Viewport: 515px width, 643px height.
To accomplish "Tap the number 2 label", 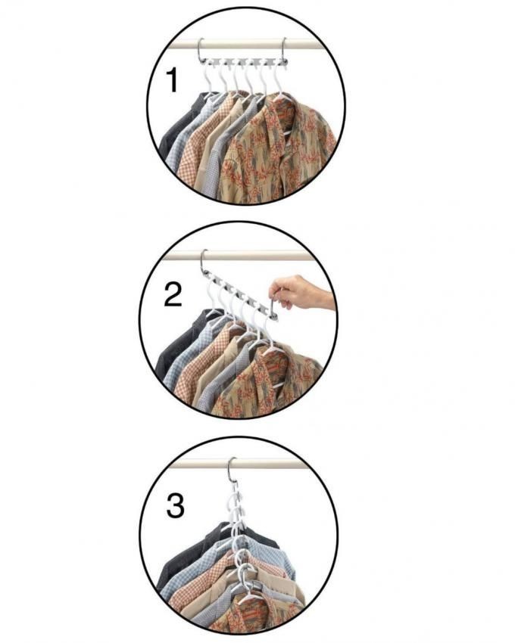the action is click(x=173, y=294).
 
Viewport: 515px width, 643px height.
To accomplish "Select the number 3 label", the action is click(x=176, y=506).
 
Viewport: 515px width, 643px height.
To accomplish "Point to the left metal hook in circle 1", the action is click(x=200, y=50).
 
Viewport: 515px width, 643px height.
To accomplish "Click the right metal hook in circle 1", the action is click(x=284, y=50).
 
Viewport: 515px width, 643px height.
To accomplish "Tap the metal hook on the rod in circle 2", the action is click(x=203, y=260).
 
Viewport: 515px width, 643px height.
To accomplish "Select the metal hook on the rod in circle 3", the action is click(x=233, y=468).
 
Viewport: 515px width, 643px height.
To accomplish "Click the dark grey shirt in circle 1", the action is click(x=177, y=123).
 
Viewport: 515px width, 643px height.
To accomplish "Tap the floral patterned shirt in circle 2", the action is click(x=267, y=381).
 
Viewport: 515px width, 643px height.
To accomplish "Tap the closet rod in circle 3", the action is click(x=242, y=464).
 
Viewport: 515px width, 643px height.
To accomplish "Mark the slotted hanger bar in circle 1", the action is click(x=243, y=61).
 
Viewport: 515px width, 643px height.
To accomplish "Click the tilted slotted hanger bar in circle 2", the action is click(x=239, y=293).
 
